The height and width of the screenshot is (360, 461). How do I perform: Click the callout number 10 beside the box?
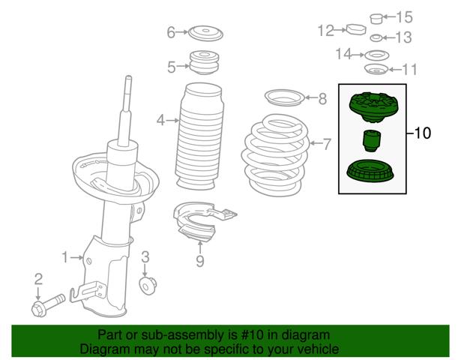coord(422,133)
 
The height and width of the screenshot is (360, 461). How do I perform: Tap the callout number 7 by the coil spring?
coord(327,144)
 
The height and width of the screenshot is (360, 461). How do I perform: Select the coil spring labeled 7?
coord(276,155)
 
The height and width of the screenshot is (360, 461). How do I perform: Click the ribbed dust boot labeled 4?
coord(199,136)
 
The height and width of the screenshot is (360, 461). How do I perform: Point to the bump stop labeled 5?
coord(205,63)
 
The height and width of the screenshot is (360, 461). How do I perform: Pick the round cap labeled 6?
coord(206,33)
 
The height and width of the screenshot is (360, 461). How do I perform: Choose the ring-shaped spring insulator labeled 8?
coord(284,97)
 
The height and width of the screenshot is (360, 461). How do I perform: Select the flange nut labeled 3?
coord(148,285)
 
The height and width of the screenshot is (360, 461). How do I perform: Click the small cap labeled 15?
coord(376,19)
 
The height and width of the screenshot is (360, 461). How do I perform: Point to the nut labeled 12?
coord(356,29)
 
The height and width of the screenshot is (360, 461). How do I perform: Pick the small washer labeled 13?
coord(376,38)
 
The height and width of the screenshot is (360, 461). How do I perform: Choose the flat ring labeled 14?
coord(377,55)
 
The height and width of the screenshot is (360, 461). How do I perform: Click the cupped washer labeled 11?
coord(376,70)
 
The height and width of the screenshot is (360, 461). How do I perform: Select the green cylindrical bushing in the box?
coord(372,141)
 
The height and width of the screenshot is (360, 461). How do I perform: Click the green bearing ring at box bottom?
coord(371,171)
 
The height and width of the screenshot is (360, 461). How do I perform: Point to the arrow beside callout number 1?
coord(77,258)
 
